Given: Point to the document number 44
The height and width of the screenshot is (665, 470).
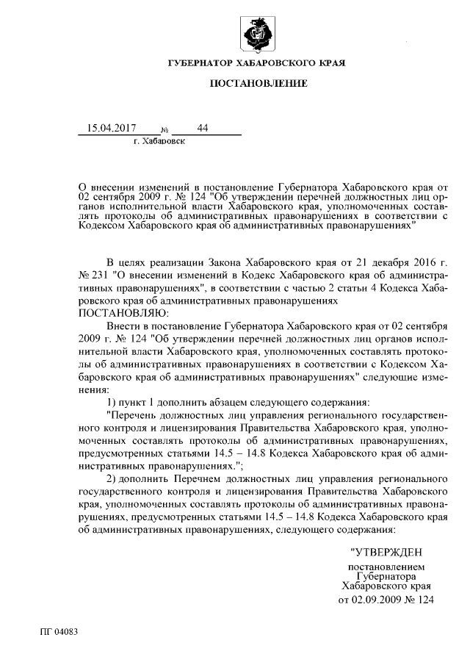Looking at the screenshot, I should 203,128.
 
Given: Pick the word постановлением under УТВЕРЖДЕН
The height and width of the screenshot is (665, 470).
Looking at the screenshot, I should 386,567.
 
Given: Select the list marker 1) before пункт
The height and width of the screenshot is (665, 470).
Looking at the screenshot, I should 113,402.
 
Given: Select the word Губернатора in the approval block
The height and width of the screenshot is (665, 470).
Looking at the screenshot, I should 386,577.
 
